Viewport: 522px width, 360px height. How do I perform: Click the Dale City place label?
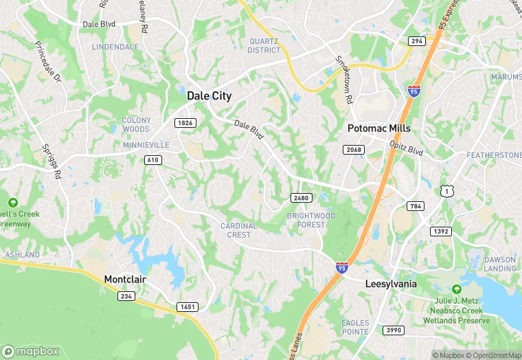pyautogui.click(x=209, y=96)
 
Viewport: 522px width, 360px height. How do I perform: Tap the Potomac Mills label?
pyautogui.click(x=379, y=128)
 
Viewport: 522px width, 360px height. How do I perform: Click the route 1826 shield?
pyautogui.click(x=185, y=123)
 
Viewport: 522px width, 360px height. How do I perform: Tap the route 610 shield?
pyautogui.click(x=152, y=159)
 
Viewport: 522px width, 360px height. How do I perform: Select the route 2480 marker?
pyautogui.click(x=301, y=198)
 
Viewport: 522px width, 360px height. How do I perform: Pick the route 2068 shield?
pyautogui.click(x=353, y=149)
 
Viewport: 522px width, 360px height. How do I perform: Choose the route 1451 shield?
pyautogui.click(x=187, y=306)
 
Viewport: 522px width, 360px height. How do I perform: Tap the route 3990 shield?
pyautogui.click(x=393, y=330)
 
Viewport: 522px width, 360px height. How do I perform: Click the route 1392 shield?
pyautogui.click(x=440, y=232)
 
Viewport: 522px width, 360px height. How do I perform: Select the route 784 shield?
pyautogui.click(x=415, y=206)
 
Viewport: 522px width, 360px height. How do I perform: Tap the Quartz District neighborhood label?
pyautogui.click(x=264, y=45)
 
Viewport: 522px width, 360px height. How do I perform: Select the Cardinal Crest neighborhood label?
pyautogui.click(x=238, y=230)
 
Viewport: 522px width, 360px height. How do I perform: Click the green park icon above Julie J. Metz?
pyautogui.click(x=456, y=289)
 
